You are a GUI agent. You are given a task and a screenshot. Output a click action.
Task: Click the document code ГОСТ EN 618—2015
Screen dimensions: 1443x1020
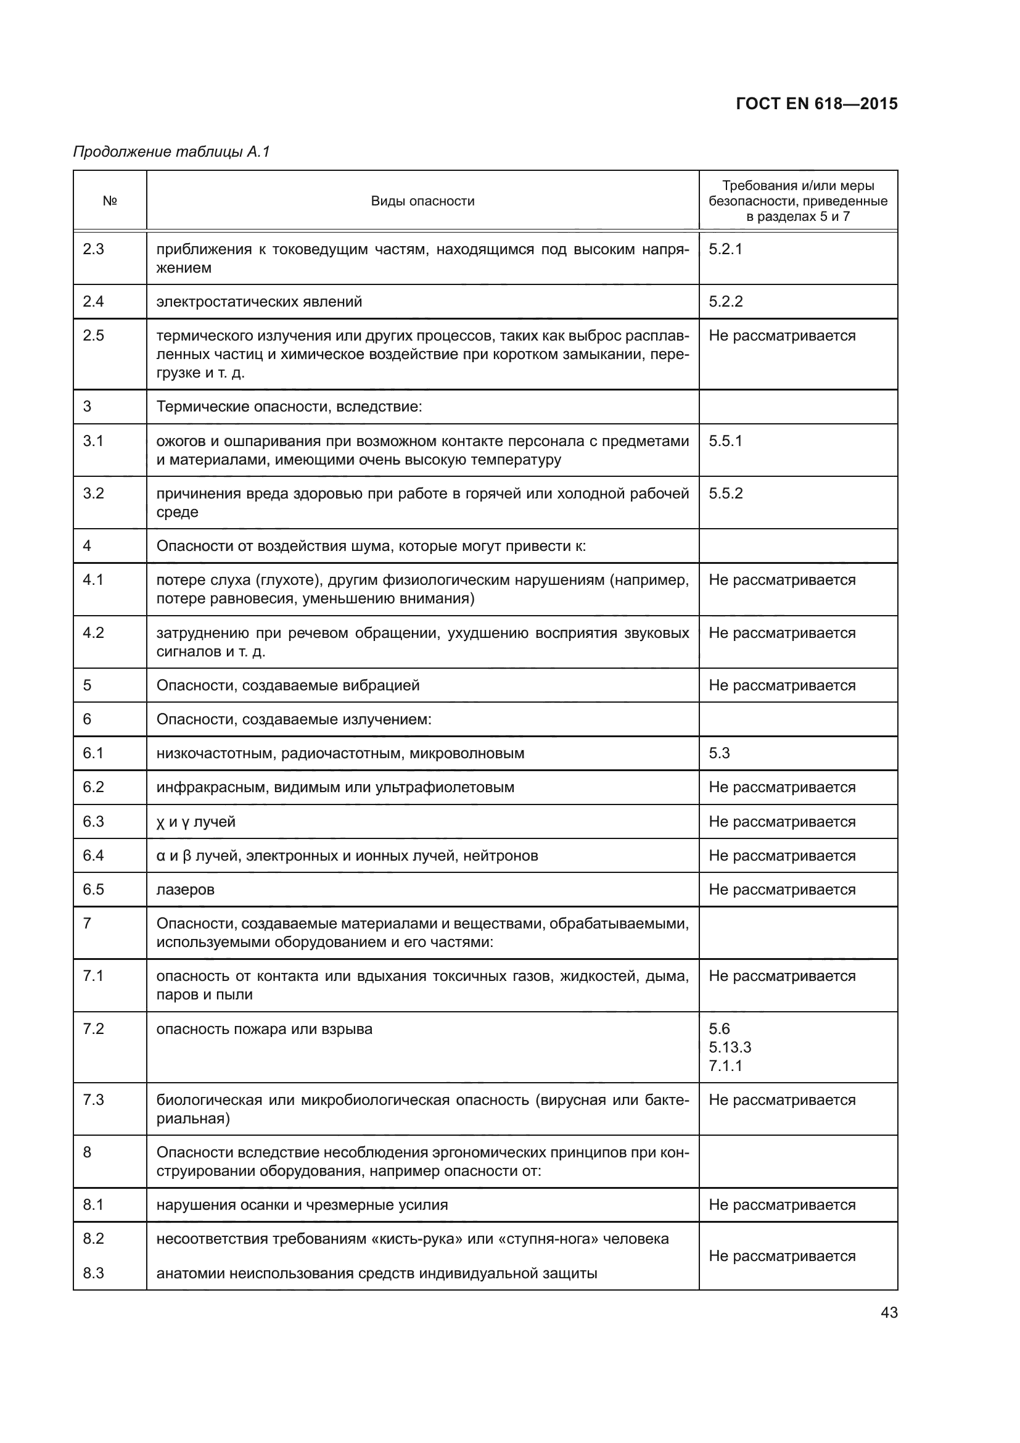pos(816,104)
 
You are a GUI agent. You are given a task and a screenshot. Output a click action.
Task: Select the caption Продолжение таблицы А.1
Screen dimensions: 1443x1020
pos(171,152)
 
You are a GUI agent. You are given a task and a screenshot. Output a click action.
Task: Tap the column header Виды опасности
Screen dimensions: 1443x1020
pos(422,201)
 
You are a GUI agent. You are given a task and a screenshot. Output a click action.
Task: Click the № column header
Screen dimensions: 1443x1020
pos(110,201)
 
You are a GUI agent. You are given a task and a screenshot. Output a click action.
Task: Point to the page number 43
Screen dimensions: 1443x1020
pos(889,1312)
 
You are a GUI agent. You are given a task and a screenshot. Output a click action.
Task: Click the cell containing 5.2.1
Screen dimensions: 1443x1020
pos(725,249)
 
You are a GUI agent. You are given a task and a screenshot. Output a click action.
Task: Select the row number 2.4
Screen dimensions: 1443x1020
pos(94,302)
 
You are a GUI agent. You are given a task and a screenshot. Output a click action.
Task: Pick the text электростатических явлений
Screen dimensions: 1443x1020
pos(259,302)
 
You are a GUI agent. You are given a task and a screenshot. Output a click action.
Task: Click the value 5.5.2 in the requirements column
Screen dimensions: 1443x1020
pos(725,494)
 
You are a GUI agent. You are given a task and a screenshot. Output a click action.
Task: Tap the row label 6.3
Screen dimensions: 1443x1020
pos(94,821)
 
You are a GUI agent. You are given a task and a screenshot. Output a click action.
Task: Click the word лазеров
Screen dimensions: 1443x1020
pos(185,890)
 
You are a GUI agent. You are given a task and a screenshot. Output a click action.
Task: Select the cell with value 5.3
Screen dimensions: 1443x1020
pos(719,753)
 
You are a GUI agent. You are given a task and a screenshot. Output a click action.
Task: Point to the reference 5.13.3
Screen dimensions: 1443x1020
pos(730,1047)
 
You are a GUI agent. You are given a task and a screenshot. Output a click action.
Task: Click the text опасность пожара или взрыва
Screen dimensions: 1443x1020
pos(264,1029)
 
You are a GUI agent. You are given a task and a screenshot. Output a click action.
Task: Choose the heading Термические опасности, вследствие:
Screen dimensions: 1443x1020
pos(289,407)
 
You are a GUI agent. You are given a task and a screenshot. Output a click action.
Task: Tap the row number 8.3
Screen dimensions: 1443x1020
pos(94,1273)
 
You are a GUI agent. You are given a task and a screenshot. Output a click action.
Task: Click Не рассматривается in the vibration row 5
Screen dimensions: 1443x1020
pos(782,685)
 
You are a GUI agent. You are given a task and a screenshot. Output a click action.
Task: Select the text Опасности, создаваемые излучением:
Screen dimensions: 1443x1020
pos(294,719)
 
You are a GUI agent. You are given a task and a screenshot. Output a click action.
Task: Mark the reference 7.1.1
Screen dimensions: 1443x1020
pos(725,1065)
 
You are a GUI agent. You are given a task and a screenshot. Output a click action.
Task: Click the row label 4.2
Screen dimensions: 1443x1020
pos(94,633)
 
